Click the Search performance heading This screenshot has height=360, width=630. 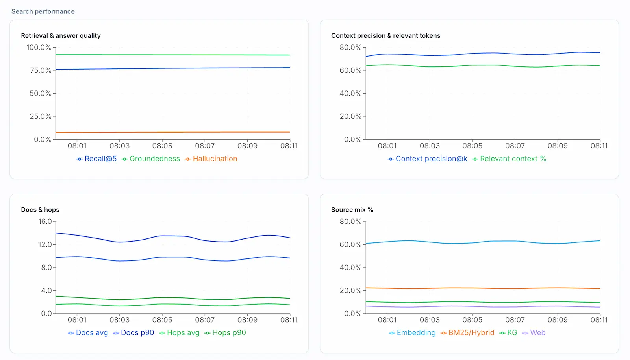[x=43, y=11]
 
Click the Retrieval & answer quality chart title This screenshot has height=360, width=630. [x=61, y=36]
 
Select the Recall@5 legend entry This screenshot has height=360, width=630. [x=96, y=159]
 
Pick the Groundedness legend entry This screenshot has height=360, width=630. [x=150, y=159]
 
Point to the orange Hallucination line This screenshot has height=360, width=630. [x=173, y=132]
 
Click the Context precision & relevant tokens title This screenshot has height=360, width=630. [x=385, y=36]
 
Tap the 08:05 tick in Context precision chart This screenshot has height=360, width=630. [x=472, y=146]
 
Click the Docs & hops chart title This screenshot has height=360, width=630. [x=40, y=210]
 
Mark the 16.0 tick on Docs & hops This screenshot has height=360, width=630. [x=45, y=222]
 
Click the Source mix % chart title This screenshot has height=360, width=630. [x=352, y=210]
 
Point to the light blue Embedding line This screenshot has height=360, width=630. [x=472, y=243]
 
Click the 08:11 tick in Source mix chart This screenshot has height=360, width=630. [x=598, y=320]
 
